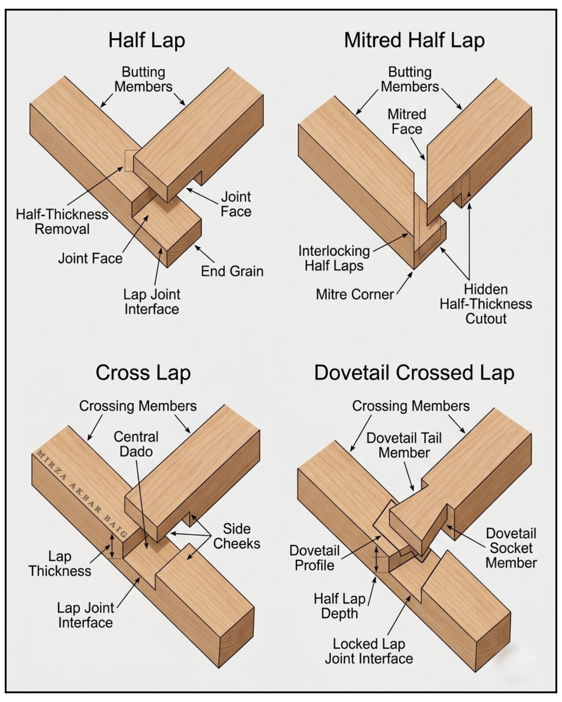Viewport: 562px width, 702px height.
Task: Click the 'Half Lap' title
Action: pyautogui.click(x=146, y=40)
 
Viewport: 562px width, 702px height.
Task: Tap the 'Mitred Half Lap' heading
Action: pyautogui.click(x=414, y=40)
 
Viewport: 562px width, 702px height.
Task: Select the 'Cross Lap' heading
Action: pyautogui.click(x=143, y=373)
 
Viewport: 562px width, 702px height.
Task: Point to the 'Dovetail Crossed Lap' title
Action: pyautogui.click(x=414, y=373)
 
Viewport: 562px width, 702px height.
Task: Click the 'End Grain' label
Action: pyautogui.click(x=232, y=271)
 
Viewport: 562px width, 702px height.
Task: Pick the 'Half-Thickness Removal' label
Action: pyautogui.click(x=62, y=222)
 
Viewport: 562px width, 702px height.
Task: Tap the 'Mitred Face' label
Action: pyautogui.click(x=407, y=122)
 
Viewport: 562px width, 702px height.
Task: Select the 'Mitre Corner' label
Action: pyautogui.click(x=355, y=294)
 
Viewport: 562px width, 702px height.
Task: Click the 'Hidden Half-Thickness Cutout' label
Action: pyautogui.click(x=486, y=304)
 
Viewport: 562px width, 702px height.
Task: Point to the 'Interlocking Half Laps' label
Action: pyautogui.click(x=334, y=258)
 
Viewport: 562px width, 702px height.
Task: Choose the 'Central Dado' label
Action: pyautogui.click(x=136, y=444)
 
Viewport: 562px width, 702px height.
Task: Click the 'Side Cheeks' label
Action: pyautogui.click(x=237, y=536)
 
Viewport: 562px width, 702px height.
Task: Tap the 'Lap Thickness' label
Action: pyautogui.click(x=60, y=563)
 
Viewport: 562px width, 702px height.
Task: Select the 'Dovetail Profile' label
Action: pyautogui.click(x=314, y=558)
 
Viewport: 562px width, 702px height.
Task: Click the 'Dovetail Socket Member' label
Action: pyautogui.click(x=511, y=548)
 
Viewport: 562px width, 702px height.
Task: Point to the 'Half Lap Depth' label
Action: pyautogui.click(x=340, y=606)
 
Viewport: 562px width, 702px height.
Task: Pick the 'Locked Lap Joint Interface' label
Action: pyautogui.click(x=369, y=651)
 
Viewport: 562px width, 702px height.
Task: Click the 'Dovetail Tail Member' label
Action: pyautogui.click(x=404, y=445)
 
